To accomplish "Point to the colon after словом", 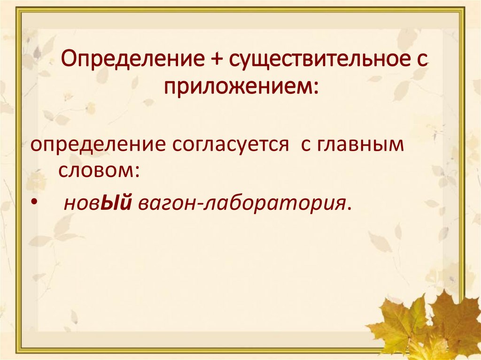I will pos(136,171).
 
